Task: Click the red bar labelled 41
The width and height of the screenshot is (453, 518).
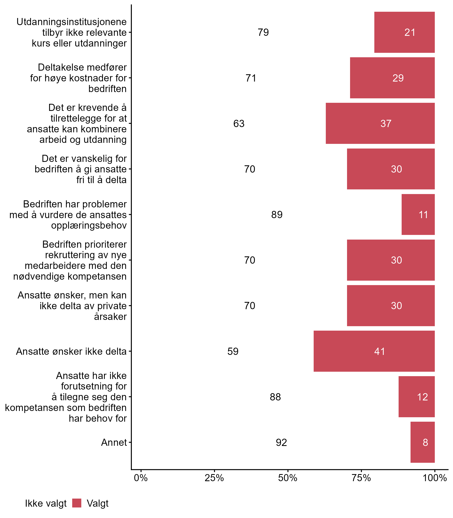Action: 374,351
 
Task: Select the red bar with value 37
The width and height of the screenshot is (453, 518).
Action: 380,123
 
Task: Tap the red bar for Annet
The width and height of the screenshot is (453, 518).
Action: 422,442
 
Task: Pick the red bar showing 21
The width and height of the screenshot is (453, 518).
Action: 404,32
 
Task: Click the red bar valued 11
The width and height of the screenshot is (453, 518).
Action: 418,214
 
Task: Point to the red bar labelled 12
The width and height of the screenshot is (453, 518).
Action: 417,397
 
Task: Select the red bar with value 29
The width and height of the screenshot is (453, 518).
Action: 392,78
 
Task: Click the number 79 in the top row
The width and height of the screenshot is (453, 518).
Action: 263,32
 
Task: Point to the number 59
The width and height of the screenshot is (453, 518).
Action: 233,351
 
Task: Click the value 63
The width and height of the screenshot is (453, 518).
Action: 239,124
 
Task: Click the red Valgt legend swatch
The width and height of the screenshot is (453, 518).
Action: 77,503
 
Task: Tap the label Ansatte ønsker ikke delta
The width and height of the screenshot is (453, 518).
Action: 71,351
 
